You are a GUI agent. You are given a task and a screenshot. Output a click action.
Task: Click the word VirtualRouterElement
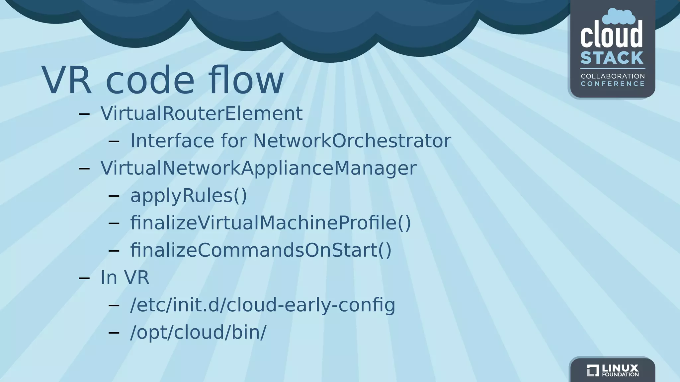pos(202,113)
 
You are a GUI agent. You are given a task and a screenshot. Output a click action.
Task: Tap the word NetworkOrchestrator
pos(352,141)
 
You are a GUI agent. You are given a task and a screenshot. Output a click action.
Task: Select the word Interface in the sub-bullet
pos(172,141)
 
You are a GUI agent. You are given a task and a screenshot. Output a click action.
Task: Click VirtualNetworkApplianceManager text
pos(258,168)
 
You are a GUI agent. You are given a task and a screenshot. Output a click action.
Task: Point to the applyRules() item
pos(189,196)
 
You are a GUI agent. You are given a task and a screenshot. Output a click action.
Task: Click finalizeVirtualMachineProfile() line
pos(271,223)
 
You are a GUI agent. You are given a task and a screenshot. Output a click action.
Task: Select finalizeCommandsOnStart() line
pos(261,250)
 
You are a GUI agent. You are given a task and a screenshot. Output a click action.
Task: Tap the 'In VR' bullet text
pos(125,278)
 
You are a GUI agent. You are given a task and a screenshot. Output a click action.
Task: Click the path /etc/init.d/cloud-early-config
pos(263,305)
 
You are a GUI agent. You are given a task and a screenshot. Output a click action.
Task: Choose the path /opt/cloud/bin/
pos(198,332)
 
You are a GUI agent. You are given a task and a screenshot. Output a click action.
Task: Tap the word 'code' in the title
pos(150,81)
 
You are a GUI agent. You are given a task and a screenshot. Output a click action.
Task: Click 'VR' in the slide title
pos(66,81)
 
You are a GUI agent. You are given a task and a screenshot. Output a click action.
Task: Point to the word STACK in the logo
pos(612,58)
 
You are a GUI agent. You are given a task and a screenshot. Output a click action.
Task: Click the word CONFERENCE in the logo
pos(613,84)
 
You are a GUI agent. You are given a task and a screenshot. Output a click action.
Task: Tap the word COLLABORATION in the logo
pos(613,76)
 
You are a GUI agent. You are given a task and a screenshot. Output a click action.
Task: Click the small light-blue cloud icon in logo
pos(619,17)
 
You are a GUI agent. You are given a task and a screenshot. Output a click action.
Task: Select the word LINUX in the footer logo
pos(620,368)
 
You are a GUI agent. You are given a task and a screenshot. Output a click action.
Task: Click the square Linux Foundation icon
pos(592,370)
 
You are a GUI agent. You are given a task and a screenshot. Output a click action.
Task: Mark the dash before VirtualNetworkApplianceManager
pos(84,168)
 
